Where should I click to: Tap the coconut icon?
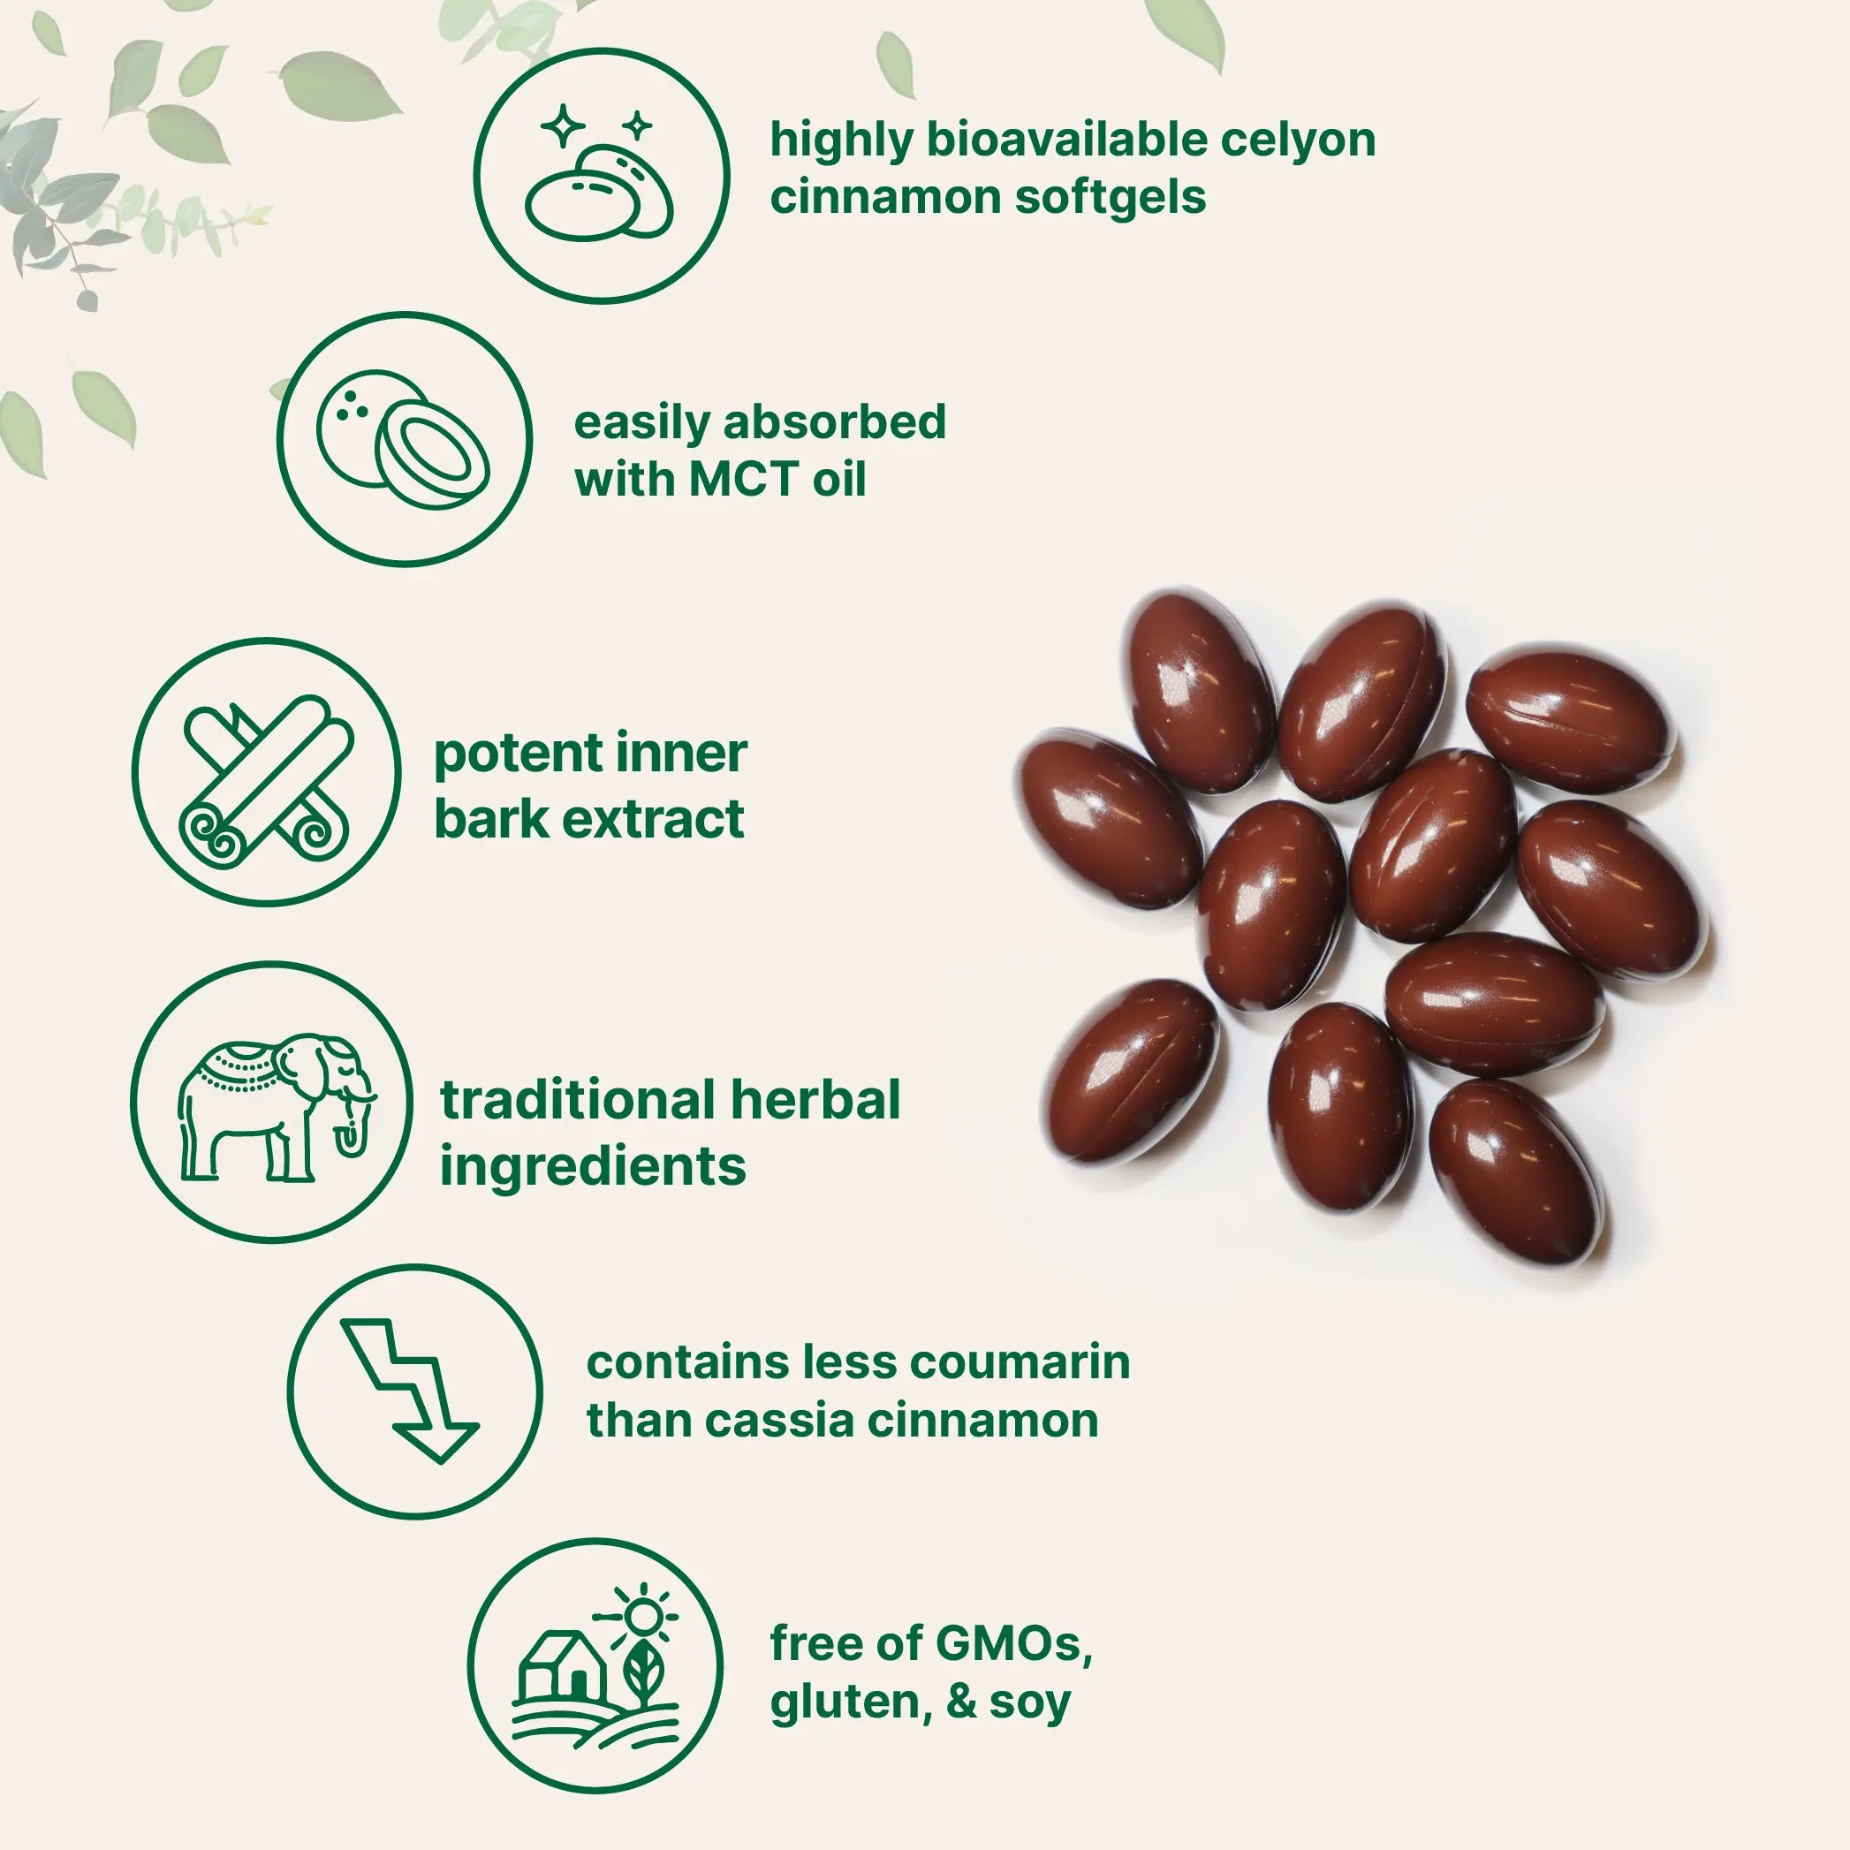coord(403,438)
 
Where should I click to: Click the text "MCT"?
coord(743,480)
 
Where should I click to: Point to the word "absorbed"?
coord(835,422)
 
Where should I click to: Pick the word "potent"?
coord(518,755)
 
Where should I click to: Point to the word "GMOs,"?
coord(1014,1644)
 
